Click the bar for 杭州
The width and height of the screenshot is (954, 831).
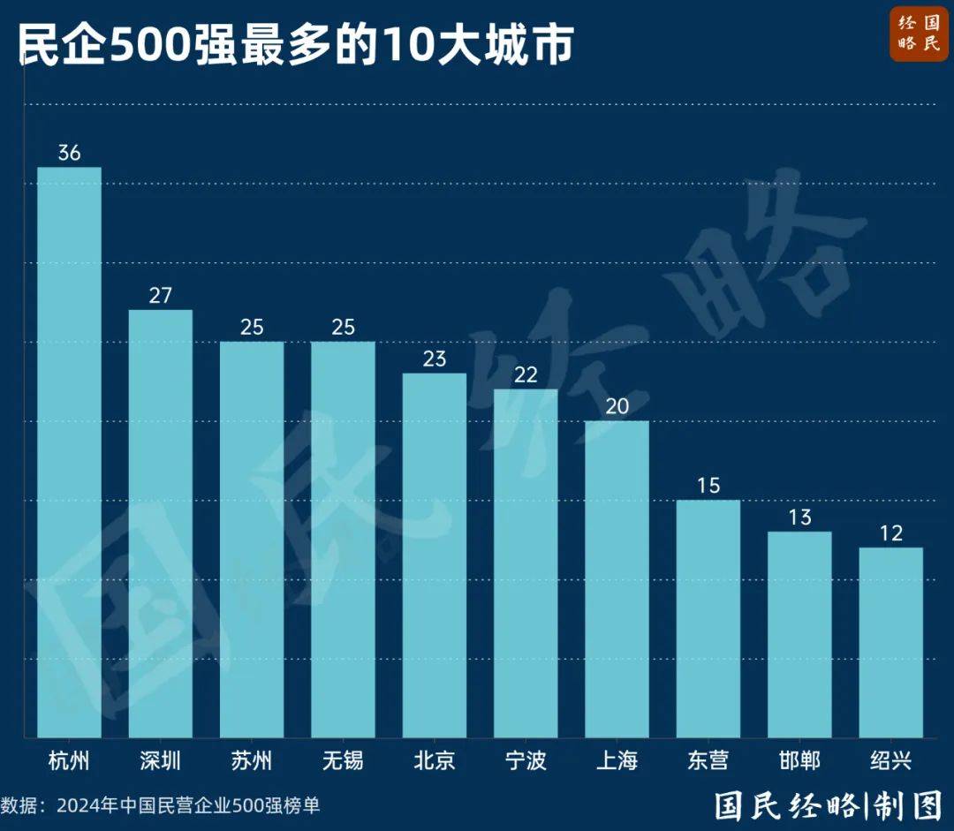click(69, 451)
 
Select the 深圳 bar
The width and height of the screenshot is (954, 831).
click(160, 523)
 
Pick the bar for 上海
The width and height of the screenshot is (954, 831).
click(617, 578)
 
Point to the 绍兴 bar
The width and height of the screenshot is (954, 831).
click(890, 642)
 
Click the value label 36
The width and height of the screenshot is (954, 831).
click(69, 153)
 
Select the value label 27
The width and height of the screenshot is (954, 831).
click(160, 295)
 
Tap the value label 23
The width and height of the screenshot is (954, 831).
click(435, 359)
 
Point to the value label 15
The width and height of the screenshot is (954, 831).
click(708, 486)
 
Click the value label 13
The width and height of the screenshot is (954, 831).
click(799, 517)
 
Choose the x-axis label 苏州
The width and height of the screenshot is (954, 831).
click(252, 760)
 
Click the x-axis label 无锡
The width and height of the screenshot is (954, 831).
click(343, 760)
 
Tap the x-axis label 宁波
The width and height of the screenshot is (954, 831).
click(526, 760)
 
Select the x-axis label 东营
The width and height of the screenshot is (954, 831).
click(708, 760)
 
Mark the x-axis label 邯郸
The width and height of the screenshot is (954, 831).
click(799, 760)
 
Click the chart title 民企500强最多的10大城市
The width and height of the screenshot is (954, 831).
click(296, 44)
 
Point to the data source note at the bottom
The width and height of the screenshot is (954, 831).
click(161, 805)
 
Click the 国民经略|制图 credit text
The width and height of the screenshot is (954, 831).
click(829, 805)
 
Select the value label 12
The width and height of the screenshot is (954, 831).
click(890, 533)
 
